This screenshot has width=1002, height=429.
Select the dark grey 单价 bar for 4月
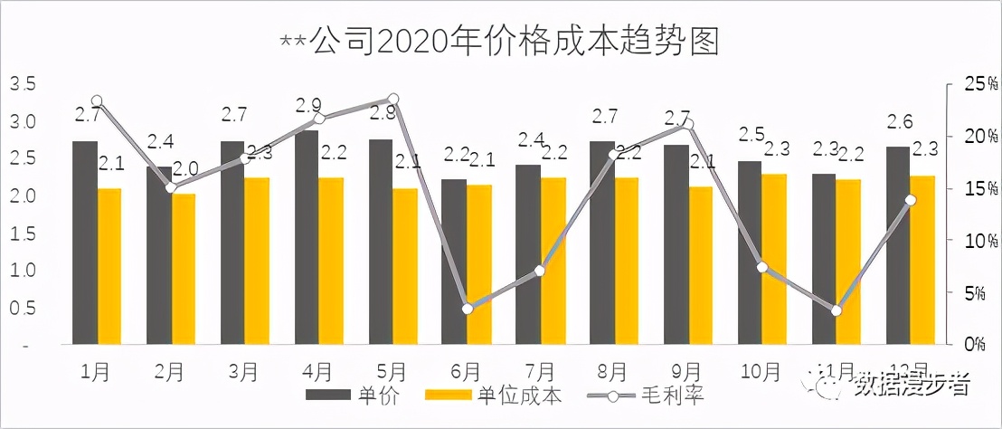click(307, 238)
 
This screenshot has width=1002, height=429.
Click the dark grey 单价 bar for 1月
click(85, 243)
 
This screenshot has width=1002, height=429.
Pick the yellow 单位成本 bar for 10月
click(774, 259)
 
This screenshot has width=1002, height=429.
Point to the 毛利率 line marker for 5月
click(392, 99)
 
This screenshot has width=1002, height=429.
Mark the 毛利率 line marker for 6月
click(467, 309)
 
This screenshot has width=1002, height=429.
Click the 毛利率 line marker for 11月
click(837, 310)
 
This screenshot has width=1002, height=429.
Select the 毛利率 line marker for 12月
click(911, 200)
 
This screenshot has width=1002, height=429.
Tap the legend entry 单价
click(353, 396)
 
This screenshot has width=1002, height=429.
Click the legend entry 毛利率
click(646, 396)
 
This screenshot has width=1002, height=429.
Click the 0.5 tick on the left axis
click(23, 308)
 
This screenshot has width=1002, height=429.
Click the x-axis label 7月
click(540, 371)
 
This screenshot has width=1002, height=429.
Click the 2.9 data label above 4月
click(309, 106)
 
